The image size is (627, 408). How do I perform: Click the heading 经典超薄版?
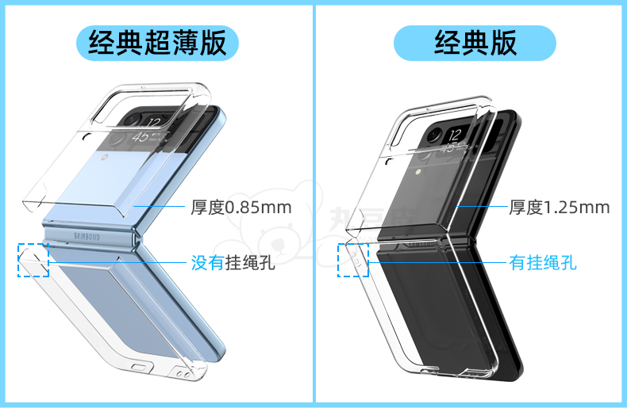point(157,42)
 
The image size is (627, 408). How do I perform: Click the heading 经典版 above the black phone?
point(475,42)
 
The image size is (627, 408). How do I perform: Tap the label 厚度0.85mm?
point(240,208)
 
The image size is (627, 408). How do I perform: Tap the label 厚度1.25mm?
point(560,208)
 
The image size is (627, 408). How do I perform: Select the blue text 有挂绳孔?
point(542,262)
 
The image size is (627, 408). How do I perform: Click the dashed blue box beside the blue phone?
point(33,260)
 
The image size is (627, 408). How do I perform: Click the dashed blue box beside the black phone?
point(353,260)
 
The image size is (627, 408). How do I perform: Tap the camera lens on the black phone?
point(433,135)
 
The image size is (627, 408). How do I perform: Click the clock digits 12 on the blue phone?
point(156,122)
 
